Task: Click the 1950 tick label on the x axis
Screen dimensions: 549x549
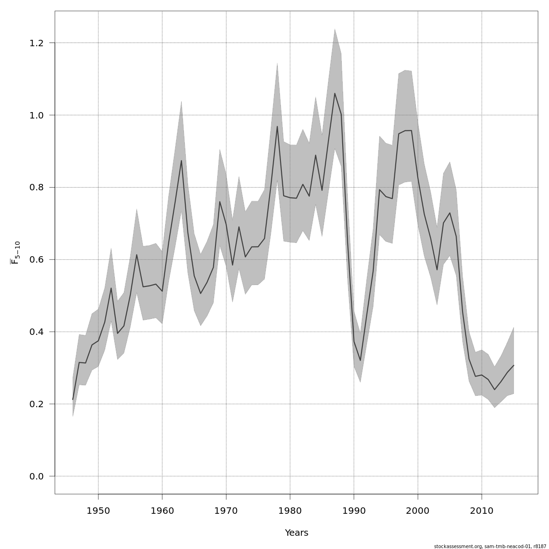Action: pyautogui.click(x=98, y=511)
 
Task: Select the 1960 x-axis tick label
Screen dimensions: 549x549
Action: pyautogui.click(x=162, y=511)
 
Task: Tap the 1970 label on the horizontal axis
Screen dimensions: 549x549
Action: pyautogui.click(x=226, y=511)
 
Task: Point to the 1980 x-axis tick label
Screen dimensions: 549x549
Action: pyautogui.click(x=290, y=511)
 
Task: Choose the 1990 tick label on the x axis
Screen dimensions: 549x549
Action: pyautogui.click(x=354, y=511)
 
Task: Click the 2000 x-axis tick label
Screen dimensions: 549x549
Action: pyautogui.click(x=418, y=511)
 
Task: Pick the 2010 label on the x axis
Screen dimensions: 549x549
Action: pyautogui.click(x=481, y=511)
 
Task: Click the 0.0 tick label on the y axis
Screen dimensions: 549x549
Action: pyautogui.click(x=36, y=477)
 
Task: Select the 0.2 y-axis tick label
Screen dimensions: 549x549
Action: pyautogui.click(x=36, y=404)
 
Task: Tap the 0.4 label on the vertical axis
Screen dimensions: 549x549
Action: pyautogui.click(x=36, y=332)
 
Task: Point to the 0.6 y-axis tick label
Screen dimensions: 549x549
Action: pyautogui.click(x=36, y=260)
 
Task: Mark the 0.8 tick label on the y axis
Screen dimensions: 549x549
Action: pyautogui.click(x=36, y=188)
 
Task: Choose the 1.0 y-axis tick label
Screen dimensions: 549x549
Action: pyautogui.click(x=36, y=115)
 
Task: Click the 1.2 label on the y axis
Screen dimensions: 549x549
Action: pyautogui.click(x=36, y=43)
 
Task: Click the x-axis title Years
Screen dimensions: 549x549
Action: pyautogui.click(x=296, y=533)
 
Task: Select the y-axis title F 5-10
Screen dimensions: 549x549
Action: pyautogui.click(x=16, y=253)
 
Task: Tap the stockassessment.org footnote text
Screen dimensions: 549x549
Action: pyautogui.click(x=490, y=546)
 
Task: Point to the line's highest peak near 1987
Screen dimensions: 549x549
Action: pyautogui.click(x=334, y=93)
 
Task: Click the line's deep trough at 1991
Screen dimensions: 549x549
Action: pyautogui.click(x=360, y=361)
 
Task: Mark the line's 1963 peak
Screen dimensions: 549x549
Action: pyautogui.click(x=181, y=161)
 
